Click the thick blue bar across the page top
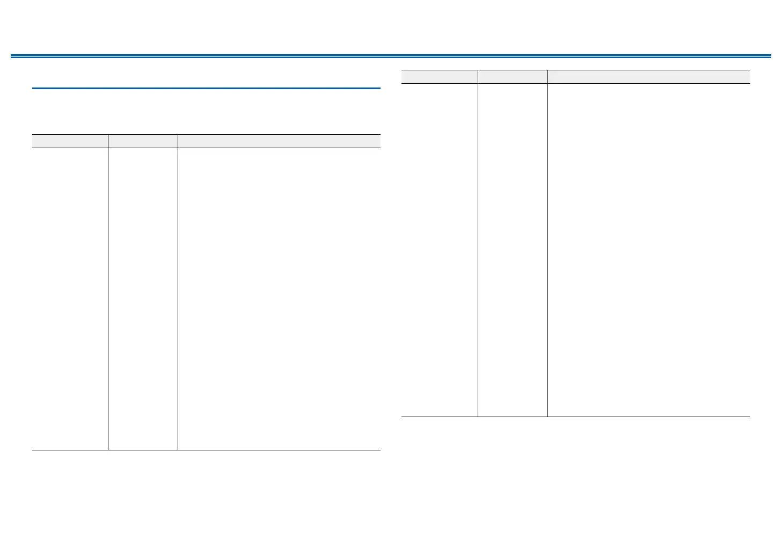391,55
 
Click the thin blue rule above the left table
206,88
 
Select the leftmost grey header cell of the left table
70,141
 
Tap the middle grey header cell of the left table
143,141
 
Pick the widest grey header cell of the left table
279,141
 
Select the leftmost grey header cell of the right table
439,76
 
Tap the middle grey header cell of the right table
513,76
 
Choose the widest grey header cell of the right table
648,76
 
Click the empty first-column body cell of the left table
70,298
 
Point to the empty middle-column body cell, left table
143,298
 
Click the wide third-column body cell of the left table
279,298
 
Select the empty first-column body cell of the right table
439,250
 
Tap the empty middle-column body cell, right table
513,250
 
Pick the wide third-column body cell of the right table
648,250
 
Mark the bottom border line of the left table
206,450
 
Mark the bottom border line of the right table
575,417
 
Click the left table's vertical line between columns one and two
108,298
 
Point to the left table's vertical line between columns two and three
178,298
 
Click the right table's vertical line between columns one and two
478,250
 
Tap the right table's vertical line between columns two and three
547,250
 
